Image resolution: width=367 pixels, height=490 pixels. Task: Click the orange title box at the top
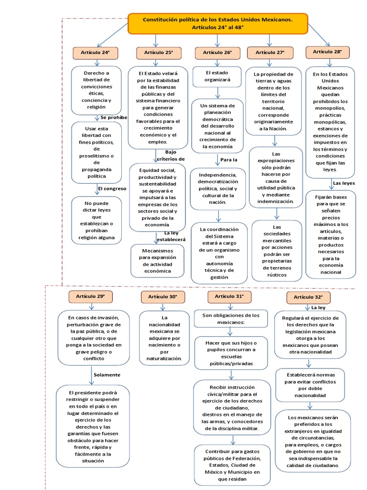click(217, 23)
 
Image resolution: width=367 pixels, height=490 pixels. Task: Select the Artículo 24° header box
click(95, 53)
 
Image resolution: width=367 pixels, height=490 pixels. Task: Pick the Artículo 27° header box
click(270, 53)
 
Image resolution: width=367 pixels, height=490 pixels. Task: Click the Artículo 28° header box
click(327, 52)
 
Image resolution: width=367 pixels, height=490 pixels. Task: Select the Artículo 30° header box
click(162, 297)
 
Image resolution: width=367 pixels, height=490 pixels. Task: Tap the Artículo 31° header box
click(229, 297)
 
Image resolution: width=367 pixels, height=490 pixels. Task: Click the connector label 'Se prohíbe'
click(114, 117)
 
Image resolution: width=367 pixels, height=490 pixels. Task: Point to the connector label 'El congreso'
click(112, 189)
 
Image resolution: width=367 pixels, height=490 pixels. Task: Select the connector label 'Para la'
click(229, 159)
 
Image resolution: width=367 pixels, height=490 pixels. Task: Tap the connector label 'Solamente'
click(107, 375)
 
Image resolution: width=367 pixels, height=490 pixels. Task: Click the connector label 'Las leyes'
click(344, 183)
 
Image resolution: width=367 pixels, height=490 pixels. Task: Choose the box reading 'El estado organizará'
click(217, 77)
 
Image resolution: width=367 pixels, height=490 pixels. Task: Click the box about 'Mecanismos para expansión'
click(157, 261)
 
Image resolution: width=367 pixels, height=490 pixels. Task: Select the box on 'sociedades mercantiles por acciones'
click(277, 251)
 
